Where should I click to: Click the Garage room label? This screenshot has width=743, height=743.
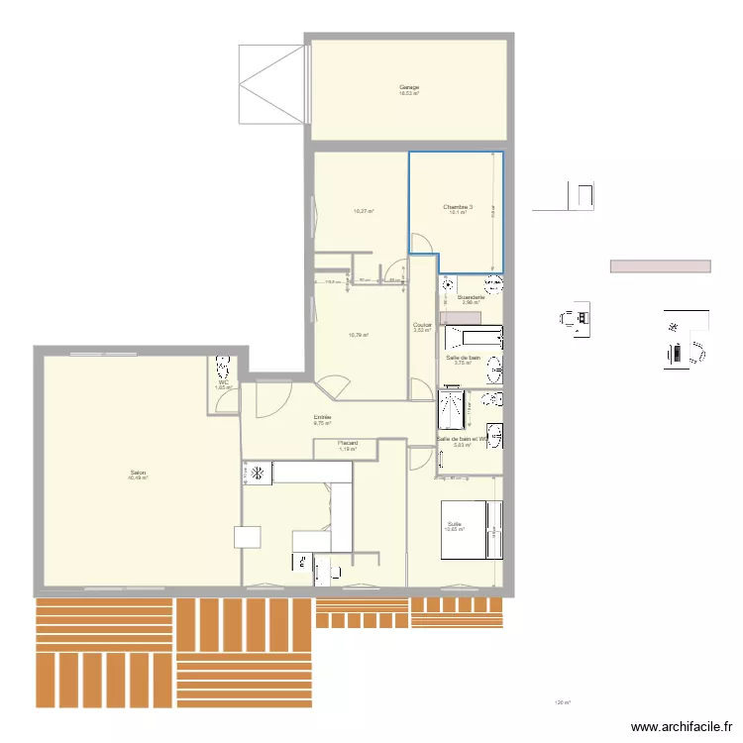[x=409, y=87]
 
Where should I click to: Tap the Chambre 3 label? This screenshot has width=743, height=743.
[x=458, y=207]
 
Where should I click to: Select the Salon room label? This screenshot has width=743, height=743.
[x=138, y=473]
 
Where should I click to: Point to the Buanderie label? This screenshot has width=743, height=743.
[x=471, y=296]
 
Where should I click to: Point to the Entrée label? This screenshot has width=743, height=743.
[x=322, y=417]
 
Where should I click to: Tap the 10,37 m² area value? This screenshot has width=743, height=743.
[x=363, y=211]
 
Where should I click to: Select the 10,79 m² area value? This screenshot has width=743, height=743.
[x=359, y=335]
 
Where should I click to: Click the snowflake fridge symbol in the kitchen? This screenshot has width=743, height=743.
[x=258, y=475]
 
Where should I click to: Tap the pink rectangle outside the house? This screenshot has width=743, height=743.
[x=660, y=266]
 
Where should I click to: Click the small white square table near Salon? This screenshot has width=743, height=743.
[x=248, y=536]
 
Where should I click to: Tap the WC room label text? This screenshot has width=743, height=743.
[x=223, y=382]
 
